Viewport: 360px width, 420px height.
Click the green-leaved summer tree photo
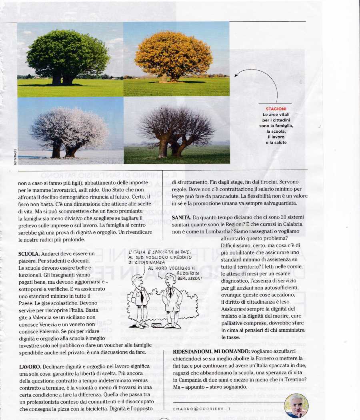click(70, 59)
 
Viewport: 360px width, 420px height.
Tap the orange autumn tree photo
click(176, 59)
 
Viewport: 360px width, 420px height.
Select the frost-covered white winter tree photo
click(70, 130)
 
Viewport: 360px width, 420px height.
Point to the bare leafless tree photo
click(176, 130)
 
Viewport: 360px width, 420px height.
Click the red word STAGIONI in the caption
click(276, 109)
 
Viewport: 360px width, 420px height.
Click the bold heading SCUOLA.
click(28, 254)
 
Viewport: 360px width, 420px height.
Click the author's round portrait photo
click(296, 406)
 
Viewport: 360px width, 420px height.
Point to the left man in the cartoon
click(140, 298)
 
